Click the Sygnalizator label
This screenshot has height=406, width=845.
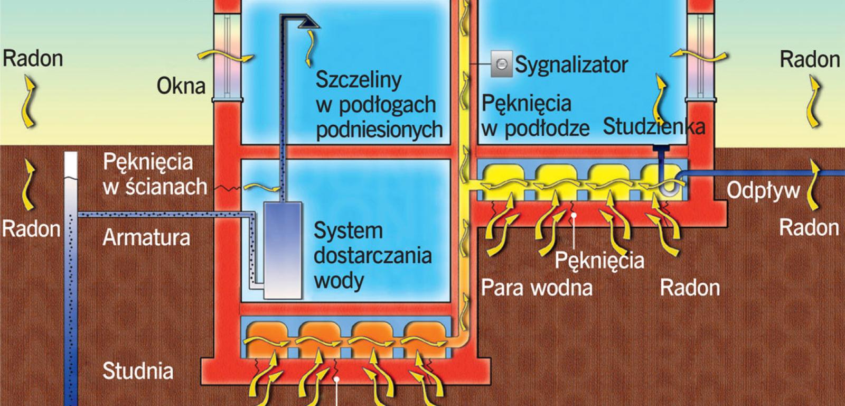coord(571,65)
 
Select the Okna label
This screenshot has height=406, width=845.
coord(181,86)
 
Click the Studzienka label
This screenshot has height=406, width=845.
coord(654,127)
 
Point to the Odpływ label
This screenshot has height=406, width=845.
coord(763,191)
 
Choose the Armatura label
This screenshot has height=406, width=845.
coord(146,237)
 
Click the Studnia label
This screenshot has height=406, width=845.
coord(138,371)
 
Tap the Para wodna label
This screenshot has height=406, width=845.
coord(536,288)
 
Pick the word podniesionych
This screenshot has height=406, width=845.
coord(379,129)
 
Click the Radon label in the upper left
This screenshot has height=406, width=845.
coord(33,58)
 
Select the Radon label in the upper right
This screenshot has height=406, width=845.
coord(810,59)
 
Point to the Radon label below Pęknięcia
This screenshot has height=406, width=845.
coord(690,288)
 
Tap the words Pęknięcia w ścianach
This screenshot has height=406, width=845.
coord(154,174)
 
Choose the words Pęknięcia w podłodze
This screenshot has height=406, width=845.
coord(534,116)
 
